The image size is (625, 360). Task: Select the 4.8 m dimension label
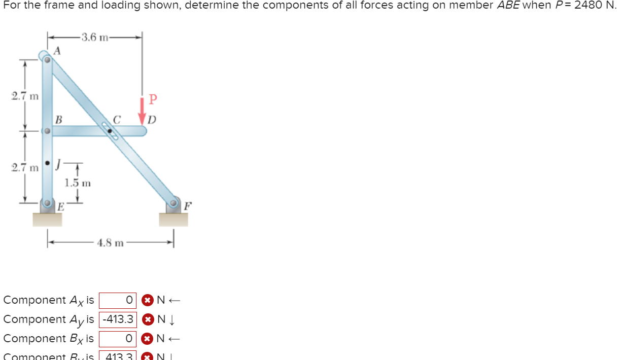pyautogui.click(x=111, y=243)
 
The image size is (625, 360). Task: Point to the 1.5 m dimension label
pyautogui.click(x=78, y=183)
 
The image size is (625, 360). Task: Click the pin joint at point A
pyautogui.click(x=47, y=59)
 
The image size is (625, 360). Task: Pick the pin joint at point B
pyautogui.click(x=47, y=131)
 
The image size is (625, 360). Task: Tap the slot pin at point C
pyautogui.click(x=110, y=131)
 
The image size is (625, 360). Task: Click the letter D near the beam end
pyautogui.click(x=152, y=121)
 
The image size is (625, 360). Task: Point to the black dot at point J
pyautogui.click(x=47, y=163)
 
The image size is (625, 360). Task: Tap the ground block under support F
pyautogui.click(x=173, y=220)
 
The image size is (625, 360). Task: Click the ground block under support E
pyautogui.click(x=47, y=220)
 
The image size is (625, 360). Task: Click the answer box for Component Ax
pyautogui.click(x=118, y=300)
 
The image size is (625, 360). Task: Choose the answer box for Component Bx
pyautogui.click(x=118, y=338)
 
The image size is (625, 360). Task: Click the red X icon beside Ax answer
pyautogui.click(x=147, y=300)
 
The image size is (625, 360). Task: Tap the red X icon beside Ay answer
pyautogui.click(x=147, y=319)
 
